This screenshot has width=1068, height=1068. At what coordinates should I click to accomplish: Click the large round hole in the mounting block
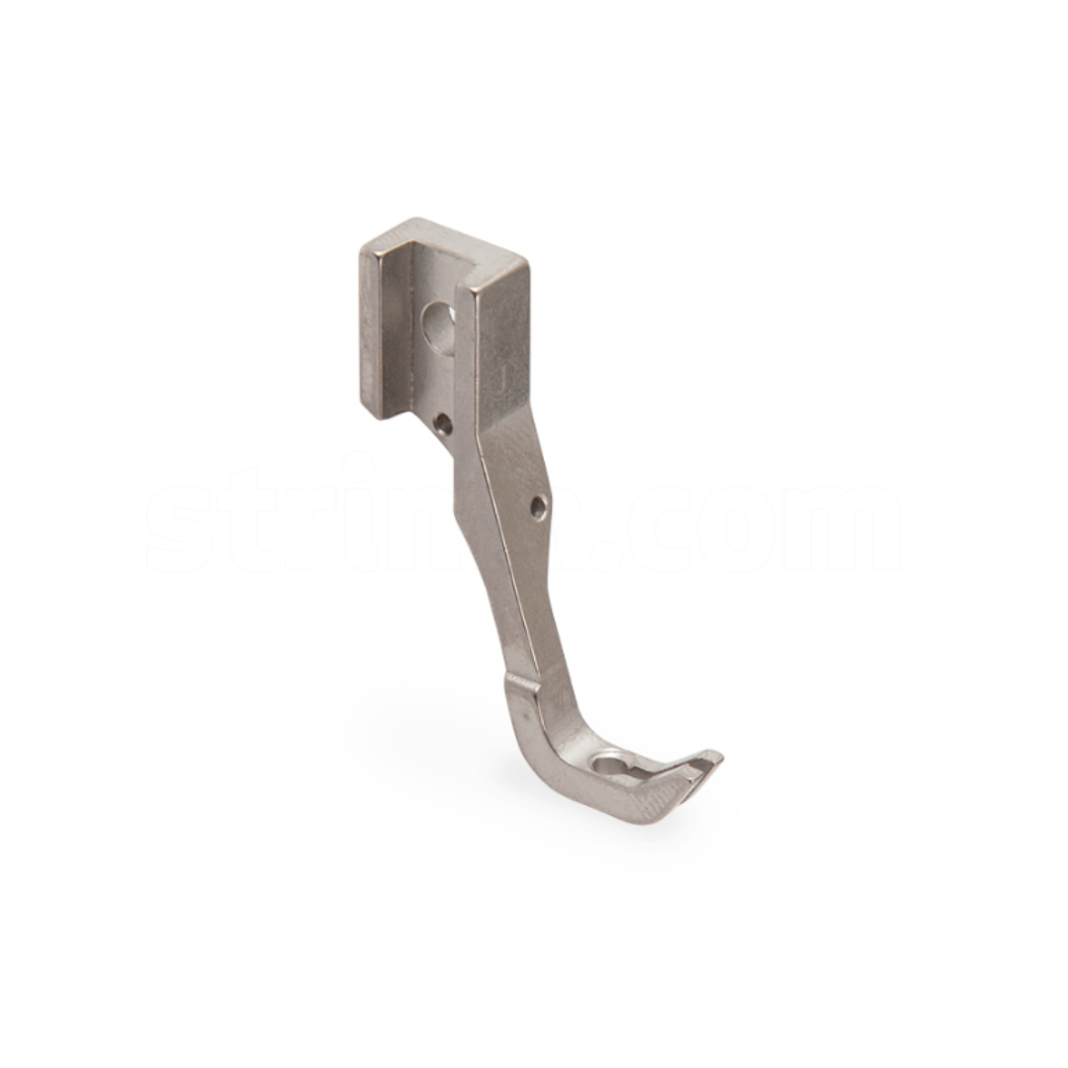click(x=438, y=321)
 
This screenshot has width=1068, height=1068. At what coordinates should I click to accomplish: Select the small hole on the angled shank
click(x=538, y=508)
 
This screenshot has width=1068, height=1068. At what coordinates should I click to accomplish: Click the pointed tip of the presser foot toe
click(x=719, y=756)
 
